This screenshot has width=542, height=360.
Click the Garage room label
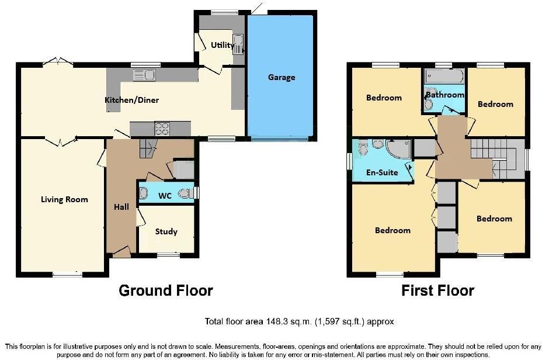coord(282,77)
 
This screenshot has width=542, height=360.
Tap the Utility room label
coord(223,45)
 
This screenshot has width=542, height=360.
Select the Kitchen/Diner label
coord(131,100)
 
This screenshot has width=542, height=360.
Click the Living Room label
coord(64,199)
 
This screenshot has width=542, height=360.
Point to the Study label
coord(166,231)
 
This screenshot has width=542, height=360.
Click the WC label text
coord(165,196)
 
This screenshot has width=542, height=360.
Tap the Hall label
coord(121,207)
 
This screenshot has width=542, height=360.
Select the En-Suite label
coord(382,172)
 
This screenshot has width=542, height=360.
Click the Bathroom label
coord(444,95)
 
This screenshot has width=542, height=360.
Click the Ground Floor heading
coord(166,290)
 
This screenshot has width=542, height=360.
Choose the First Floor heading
coord(437,290)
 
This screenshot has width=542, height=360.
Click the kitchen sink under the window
coord(144,75)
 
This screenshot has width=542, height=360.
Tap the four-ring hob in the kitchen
coord(162,127)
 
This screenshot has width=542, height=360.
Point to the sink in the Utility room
coord(238,43)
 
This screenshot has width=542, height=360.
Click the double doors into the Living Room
coord(61,140)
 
